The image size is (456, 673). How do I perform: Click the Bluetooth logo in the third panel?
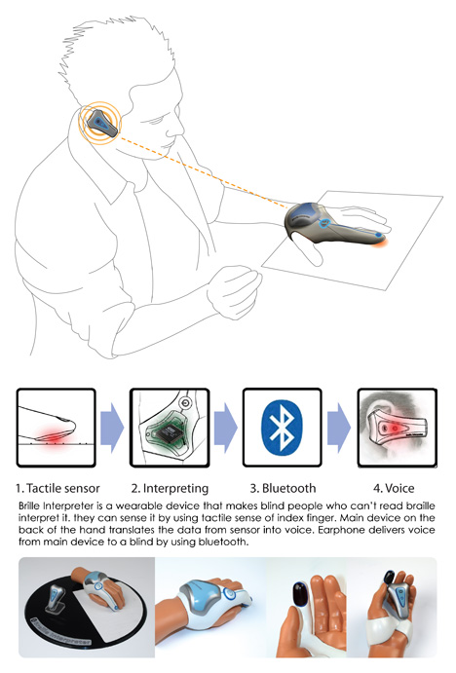(282, 428)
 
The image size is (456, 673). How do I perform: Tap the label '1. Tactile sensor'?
(57, 488)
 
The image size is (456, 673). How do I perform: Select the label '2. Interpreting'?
(171, 489)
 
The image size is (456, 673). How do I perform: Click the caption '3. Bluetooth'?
(283, 488)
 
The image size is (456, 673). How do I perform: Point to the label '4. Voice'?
(394, 488)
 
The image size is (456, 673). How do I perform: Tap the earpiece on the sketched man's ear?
(101, 123)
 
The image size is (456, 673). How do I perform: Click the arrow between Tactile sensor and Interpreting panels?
(112, 428)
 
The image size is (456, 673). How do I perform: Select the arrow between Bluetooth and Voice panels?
(339, 428)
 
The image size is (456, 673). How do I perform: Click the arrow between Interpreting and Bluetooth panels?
(226, 428)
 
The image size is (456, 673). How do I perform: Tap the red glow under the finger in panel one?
(54, 437)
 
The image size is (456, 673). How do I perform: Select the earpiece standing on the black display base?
(57, 600)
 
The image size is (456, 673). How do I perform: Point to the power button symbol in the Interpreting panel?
(185, 403)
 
